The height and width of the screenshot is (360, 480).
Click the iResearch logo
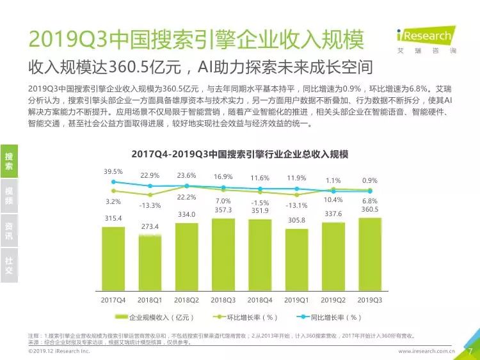pyautogui.click(x=423, y=40)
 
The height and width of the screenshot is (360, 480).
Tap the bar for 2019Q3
pyautogui.click(x=369, y=255)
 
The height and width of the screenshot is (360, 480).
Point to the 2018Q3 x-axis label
pyautogui.click(x=223, y=299)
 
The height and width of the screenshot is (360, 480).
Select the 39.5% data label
pyautogui.click(x=113, y=172)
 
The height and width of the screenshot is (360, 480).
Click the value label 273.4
pyautogui.click(x=150, y=227)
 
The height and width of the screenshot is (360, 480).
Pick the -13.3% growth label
pyautogui.click(x=150, y=205)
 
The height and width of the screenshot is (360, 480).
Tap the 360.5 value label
pyautogui.click(x=370, y=210)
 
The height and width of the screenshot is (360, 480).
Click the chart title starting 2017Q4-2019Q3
pyautogui.click(x=239, y=154)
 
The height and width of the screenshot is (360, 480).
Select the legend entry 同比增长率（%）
pyautogui.click(x=332, y=317)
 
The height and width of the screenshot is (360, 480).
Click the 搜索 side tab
pyautogui.click(x=9, y=161)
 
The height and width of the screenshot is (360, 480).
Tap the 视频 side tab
pyautogui.click(x=9, y=196)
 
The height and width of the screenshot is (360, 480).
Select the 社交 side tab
pyautogui.click(x=9, y=265)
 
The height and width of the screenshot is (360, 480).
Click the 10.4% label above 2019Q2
pyautogui.click(x=333, y=200)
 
